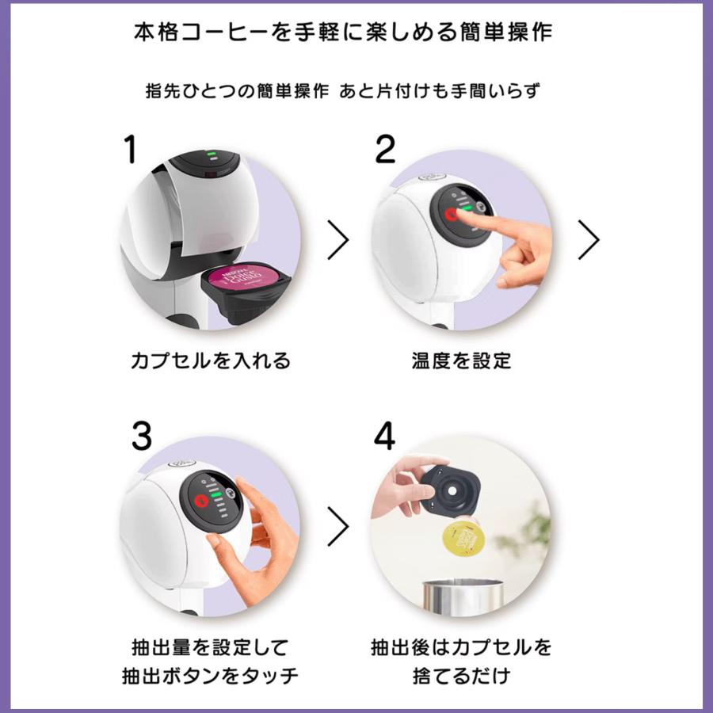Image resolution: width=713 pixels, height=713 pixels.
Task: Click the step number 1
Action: (x=130, y=149)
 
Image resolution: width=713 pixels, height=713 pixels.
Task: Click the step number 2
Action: (x=385, y=149)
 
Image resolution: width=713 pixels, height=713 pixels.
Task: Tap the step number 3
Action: (x=141, y=436)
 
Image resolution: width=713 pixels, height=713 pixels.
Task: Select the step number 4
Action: (x=384, y=436)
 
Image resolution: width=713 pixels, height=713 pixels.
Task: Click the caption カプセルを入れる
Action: (x=211, y=361)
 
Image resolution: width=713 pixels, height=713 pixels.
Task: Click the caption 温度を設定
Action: (x=462, y=361)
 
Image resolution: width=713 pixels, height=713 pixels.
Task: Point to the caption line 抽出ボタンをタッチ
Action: (x=211, y=676)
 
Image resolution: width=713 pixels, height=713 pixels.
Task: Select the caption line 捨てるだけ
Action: (x=462, y=676)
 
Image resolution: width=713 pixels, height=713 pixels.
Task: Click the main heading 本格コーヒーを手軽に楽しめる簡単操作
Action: (x=355, y=32)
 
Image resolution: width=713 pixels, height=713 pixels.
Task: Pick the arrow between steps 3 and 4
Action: (x=337, y=524)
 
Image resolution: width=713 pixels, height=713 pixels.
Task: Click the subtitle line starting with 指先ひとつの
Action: (x=355, y=90)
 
